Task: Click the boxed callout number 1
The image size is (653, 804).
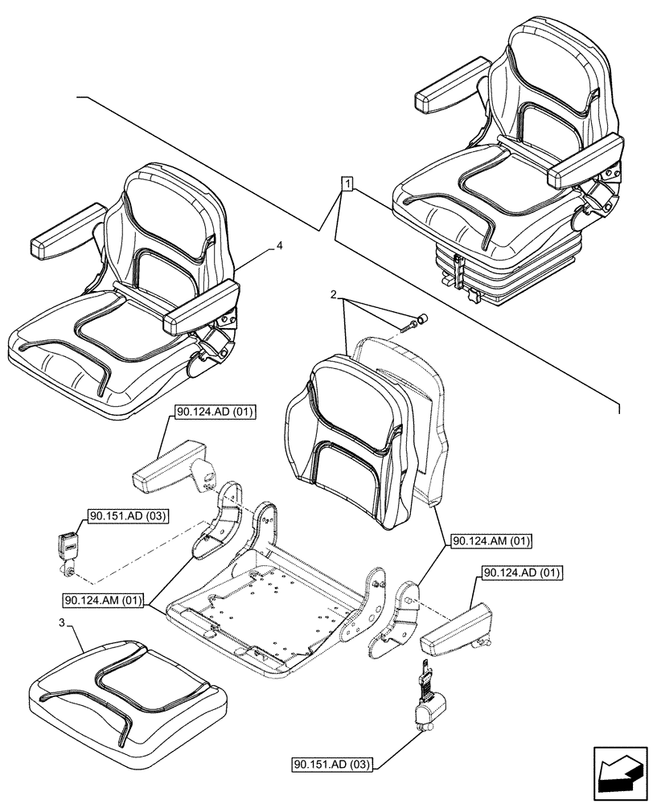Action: click(347, 184)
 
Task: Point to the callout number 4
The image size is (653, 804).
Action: click(278, 248)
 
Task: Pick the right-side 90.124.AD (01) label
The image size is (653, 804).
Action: click(523, 572)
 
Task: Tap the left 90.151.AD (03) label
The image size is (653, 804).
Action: click(125, 516)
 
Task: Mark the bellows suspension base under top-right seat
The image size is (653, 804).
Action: click(467, 265)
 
